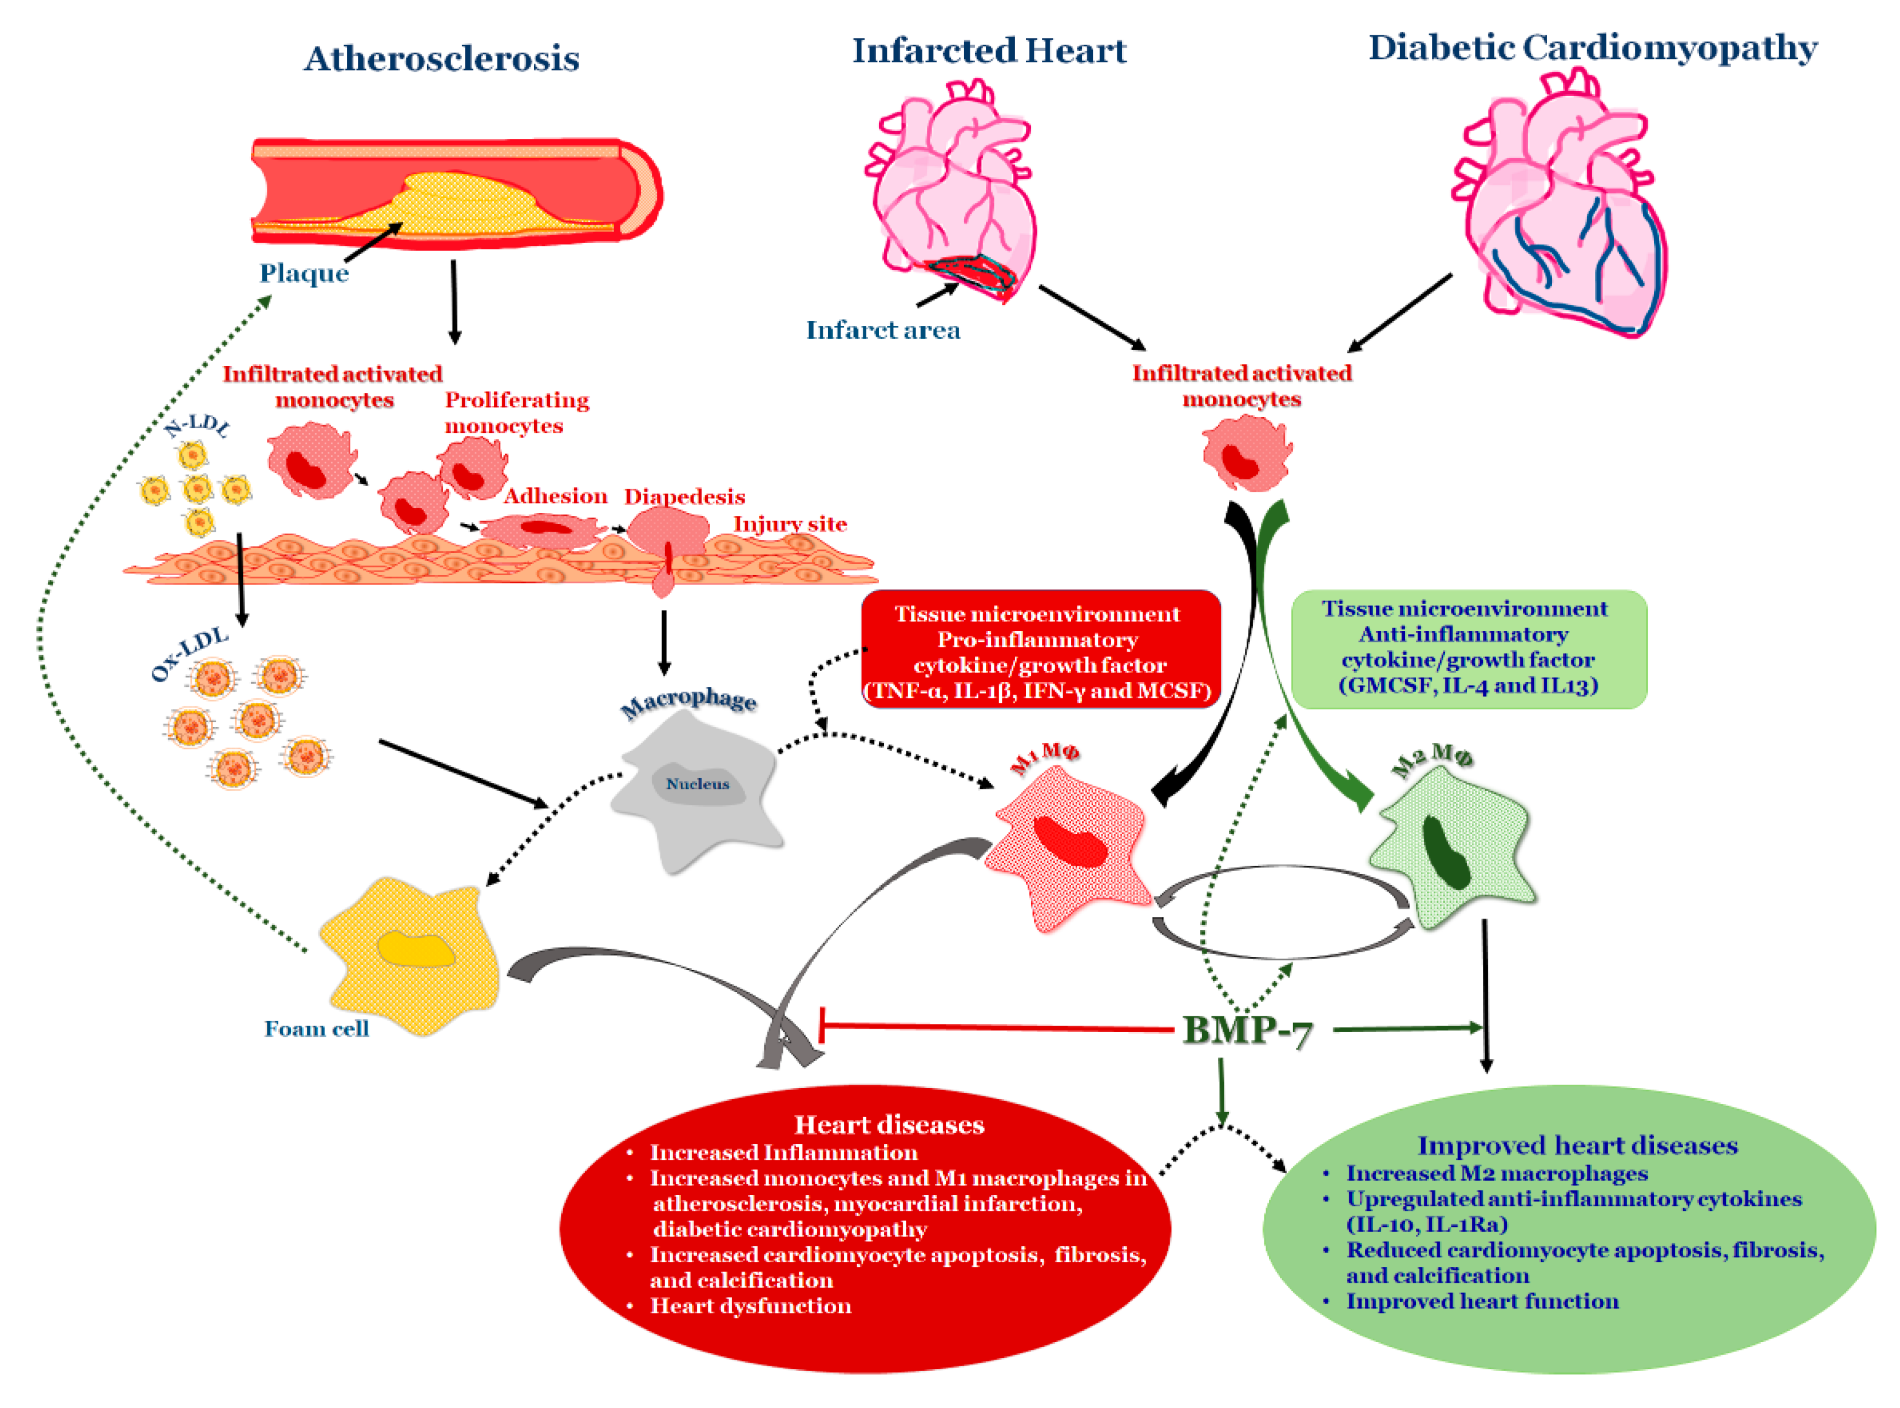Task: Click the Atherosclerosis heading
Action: tap(442, 59)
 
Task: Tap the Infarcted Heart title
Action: tap(989, 51)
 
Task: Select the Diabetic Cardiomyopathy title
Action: tap(1592, 47)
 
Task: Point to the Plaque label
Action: tap(304, 273)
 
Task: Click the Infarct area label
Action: tap(883, 330)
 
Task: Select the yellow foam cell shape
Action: tap(413, 955)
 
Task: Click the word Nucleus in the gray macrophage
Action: tap(697, 784)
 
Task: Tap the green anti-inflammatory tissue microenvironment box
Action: tap(1468, 648)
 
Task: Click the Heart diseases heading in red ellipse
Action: tap(889, 1125)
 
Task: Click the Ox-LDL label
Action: tap(189, 655)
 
